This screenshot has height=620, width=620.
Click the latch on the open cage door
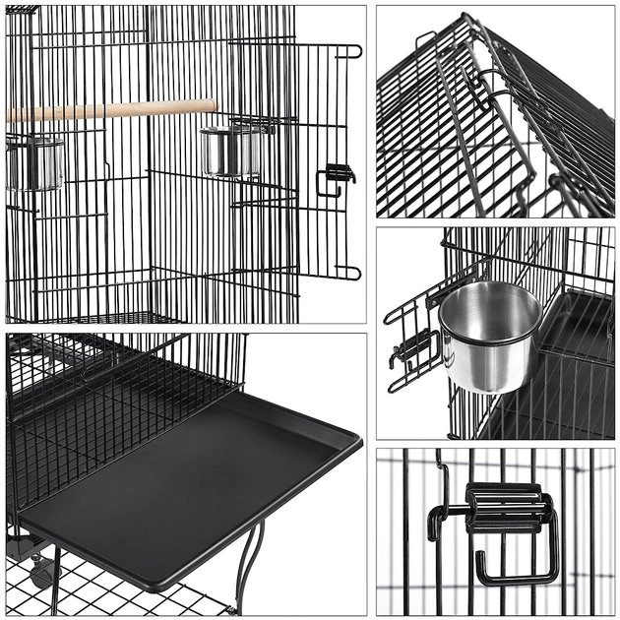(x=336, y=176)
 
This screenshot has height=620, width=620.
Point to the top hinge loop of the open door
(x=351, y=50)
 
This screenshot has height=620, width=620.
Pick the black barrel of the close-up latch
(x=504, y=507)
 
